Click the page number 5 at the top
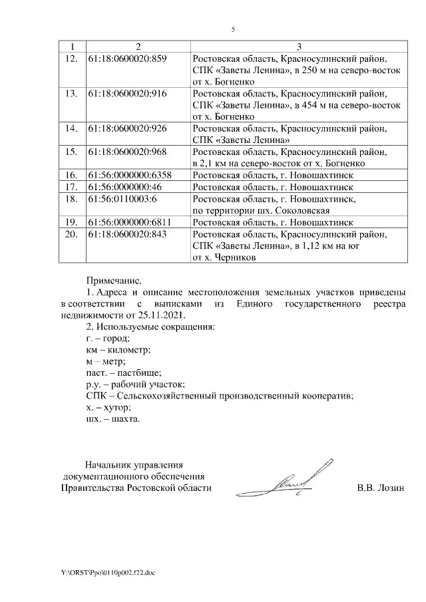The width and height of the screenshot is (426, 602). pyautogui.click(x=232, y=29)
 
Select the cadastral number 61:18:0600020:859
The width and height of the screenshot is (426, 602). pyautogui.click(x=126, y=59)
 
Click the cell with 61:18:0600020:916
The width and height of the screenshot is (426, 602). pyautogui.click(x=126, y=94)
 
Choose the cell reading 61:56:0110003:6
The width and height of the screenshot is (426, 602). pyautogui.click(x=122, y=198)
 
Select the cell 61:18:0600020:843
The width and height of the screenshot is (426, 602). pyautogui.click(x=126, y=234)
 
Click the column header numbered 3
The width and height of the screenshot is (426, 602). pyautogui.click(x=299, y=47)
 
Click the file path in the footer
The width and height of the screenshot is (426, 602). pyautogui.click(x=106, y=571)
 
